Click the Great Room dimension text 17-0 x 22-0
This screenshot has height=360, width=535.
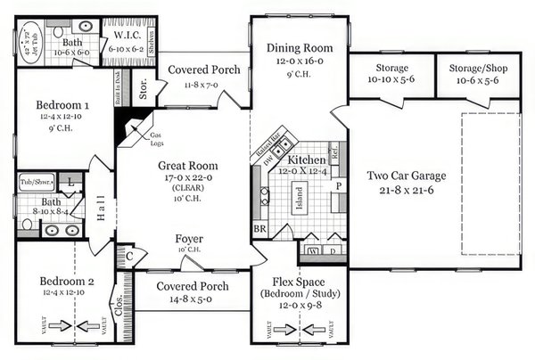pyautogui.click(x=188, y=178)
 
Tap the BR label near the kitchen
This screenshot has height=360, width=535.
pyautogui.click(x=259, y=228)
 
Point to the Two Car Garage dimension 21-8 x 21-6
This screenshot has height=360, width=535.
pyautogui.click(x=406, y=190)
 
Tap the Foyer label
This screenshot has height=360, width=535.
pyautogui.click(x=189, y=239)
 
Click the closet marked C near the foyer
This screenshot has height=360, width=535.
pyautogui.click(x=129, y=256)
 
